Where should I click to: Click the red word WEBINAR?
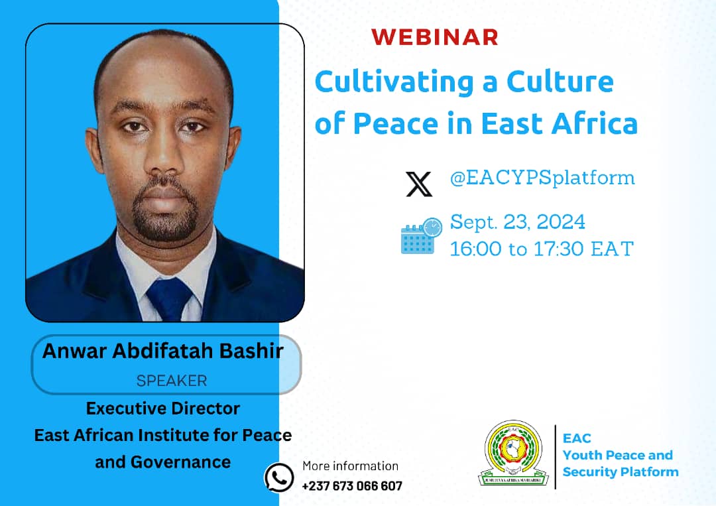[434, 37]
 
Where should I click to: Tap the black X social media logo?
[419, 184]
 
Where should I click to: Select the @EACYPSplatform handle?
[542, 178]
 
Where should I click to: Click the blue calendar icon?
[420, 236]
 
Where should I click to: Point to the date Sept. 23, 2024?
[518, 221]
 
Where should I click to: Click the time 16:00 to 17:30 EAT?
[542, 249]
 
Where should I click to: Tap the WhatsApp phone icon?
[279, 477]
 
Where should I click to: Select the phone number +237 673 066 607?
[351, 486]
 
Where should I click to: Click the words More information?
[350, 466]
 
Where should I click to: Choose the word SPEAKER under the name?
[172, 381]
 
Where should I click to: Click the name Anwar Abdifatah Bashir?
[163, 351]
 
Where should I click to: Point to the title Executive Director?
[163, 408]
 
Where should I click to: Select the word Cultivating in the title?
[389, 82]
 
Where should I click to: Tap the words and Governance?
[163, 462]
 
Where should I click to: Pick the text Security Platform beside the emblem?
[621, 472]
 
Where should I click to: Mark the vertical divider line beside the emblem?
[555, 456]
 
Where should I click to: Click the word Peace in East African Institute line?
[265, 435]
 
